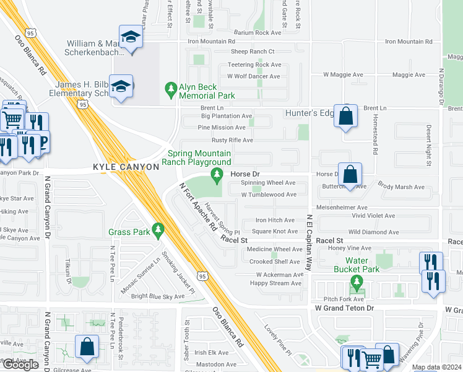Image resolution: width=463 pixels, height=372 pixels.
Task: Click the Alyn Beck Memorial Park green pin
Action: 171,91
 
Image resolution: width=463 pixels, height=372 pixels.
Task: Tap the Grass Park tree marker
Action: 158,231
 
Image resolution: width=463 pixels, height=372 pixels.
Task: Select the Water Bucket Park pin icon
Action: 357,283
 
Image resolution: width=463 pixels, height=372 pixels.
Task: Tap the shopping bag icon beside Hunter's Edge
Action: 345,115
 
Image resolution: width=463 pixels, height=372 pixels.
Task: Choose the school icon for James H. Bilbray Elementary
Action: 123,87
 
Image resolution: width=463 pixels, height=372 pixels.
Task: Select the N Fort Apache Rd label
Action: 197,206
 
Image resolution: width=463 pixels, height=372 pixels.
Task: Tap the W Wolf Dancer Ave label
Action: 253,76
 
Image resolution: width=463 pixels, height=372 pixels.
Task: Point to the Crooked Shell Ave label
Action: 275,262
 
